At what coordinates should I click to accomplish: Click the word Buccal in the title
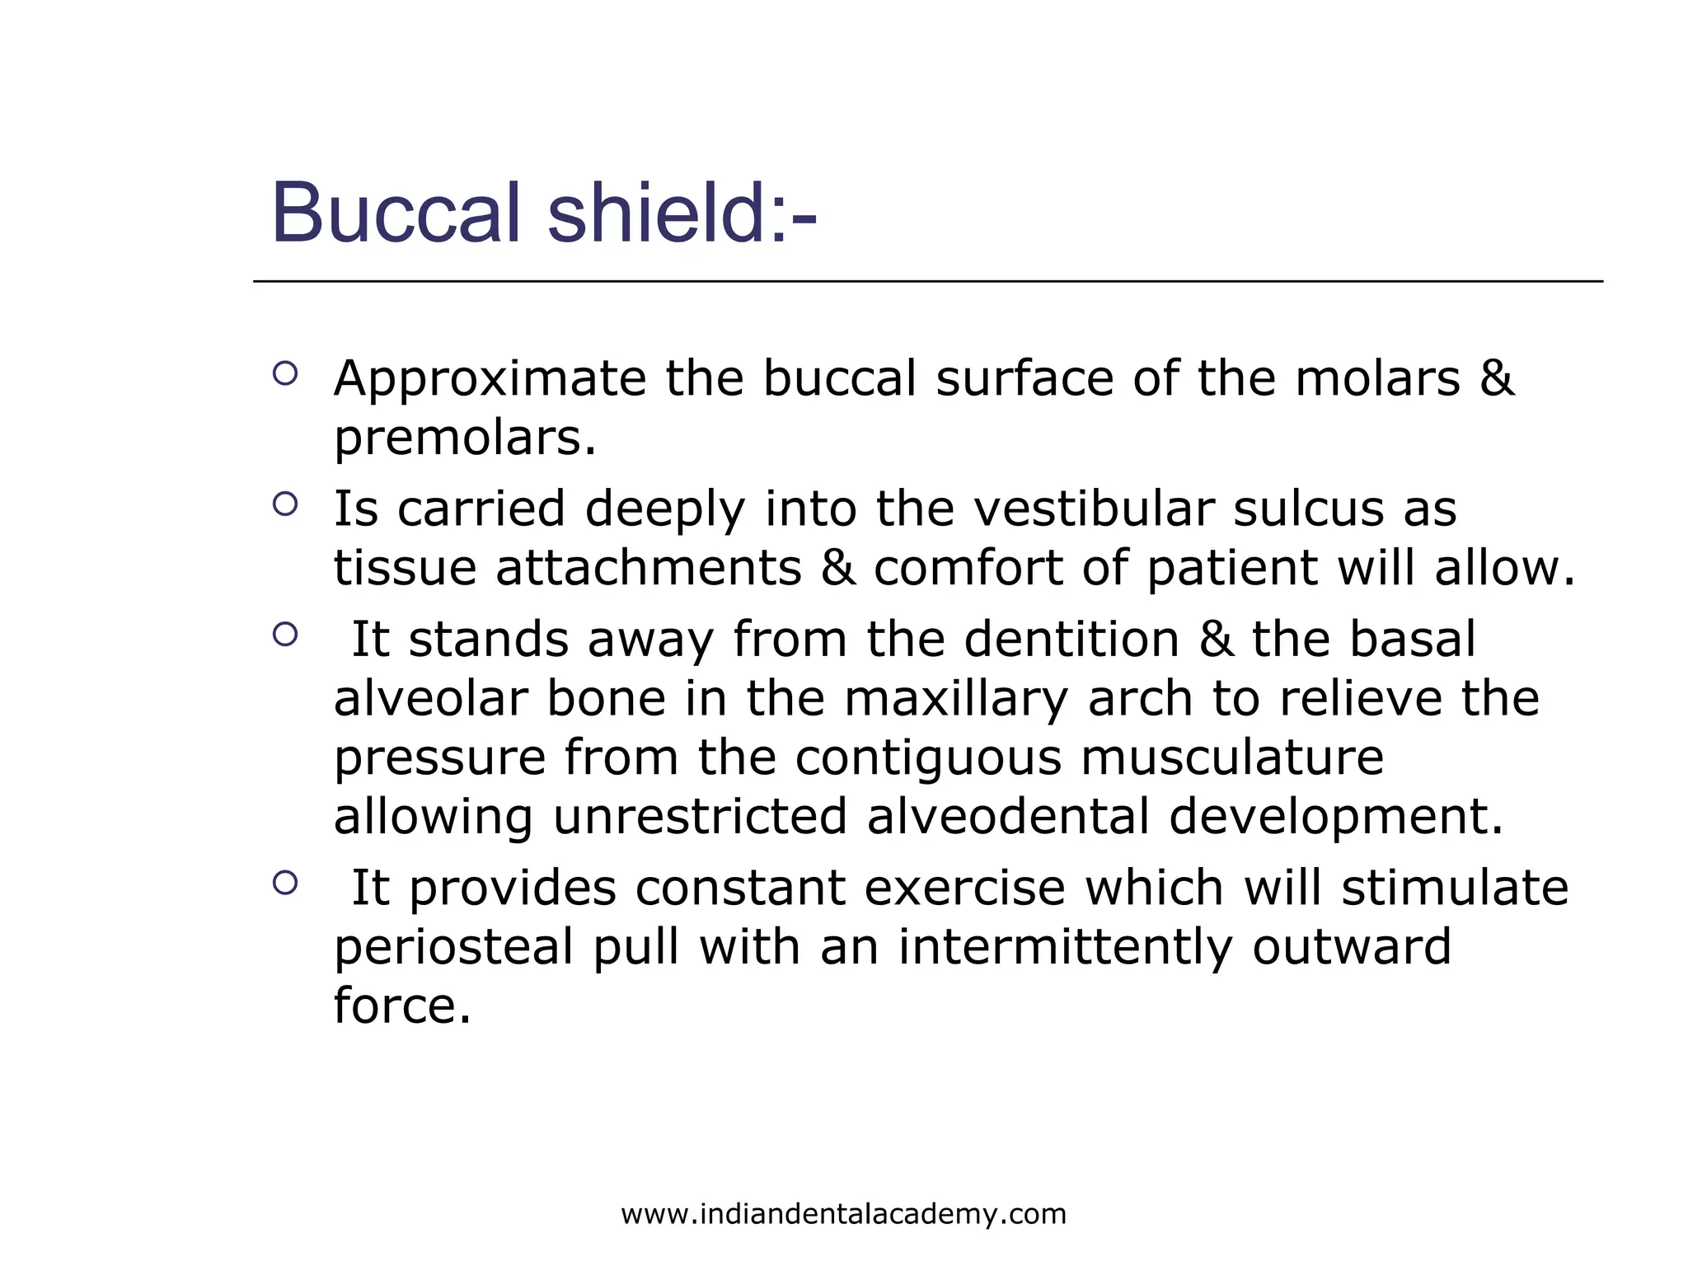coord(396,214)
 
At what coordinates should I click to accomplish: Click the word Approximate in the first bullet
coord(490,379)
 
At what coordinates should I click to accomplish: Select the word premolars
coord(464,438)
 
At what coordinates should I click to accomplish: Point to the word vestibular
coord(1094,509)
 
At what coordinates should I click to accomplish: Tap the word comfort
coord(968,568)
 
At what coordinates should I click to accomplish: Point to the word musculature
coord(1231,757)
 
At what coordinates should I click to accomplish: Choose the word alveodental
coord(1007,817)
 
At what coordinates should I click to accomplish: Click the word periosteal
coord(453,947)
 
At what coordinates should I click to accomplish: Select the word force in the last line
coord(401,1006)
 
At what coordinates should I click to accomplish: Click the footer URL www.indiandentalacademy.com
coord(843,1214)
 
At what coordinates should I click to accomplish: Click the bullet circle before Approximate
coord(285,374)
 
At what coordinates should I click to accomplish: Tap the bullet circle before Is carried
coord(285,504)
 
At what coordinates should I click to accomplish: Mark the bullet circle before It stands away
coord(285,634)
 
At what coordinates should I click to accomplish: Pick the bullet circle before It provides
coord(285,883)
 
